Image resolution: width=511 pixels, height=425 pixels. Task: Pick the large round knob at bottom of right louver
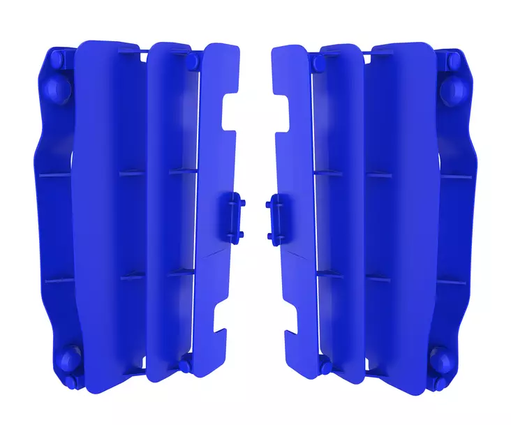442,357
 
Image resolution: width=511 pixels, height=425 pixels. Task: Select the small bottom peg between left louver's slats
186,361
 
